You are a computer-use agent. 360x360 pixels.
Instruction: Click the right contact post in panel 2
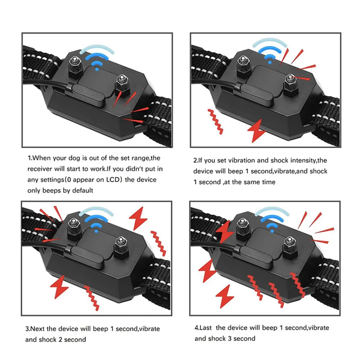click(x=290, y=82)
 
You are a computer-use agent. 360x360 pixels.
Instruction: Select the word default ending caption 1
click(x=82, y=190)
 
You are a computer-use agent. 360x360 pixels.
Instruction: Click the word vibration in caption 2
click(x=240, y=160)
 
